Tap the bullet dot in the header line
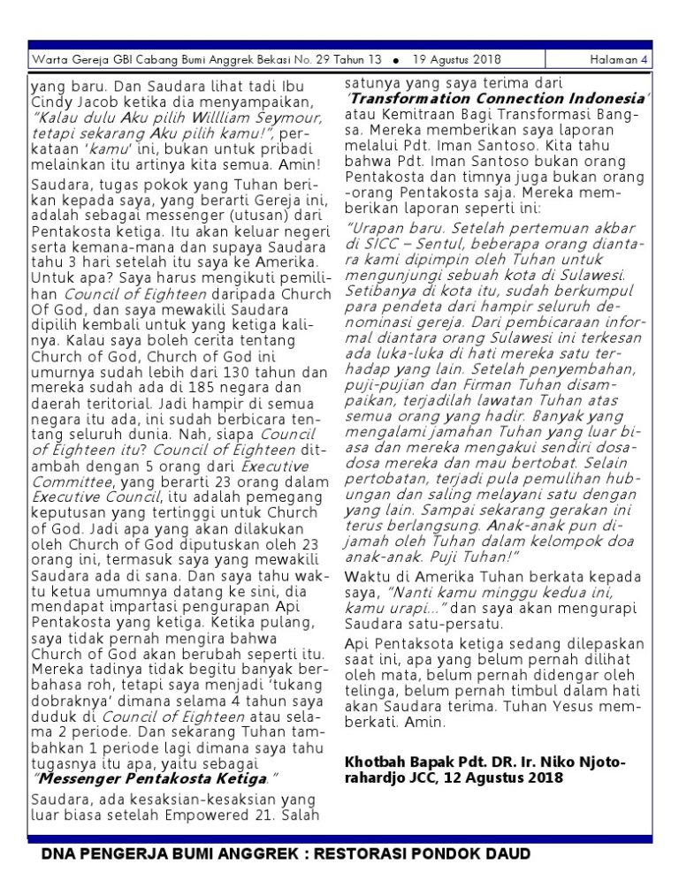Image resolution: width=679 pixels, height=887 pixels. [x=394, y=61]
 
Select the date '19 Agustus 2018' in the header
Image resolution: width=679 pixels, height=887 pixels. [x=456, y=60]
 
